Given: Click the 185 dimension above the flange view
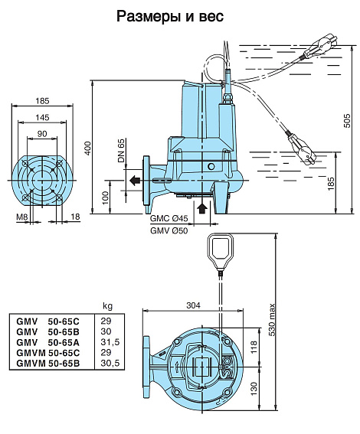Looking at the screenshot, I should (x=42, y=101).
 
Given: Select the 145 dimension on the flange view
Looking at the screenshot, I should (x=42, y=118).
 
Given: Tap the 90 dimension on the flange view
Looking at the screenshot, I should (x=42, y=134).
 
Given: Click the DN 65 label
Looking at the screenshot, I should (x=121, y=151).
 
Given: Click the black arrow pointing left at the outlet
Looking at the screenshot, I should (x=134, y=181).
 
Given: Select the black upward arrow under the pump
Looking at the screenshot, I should (x=202, y=207).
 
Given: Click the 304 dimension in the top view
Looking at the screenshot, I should (x=193, y=305).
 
